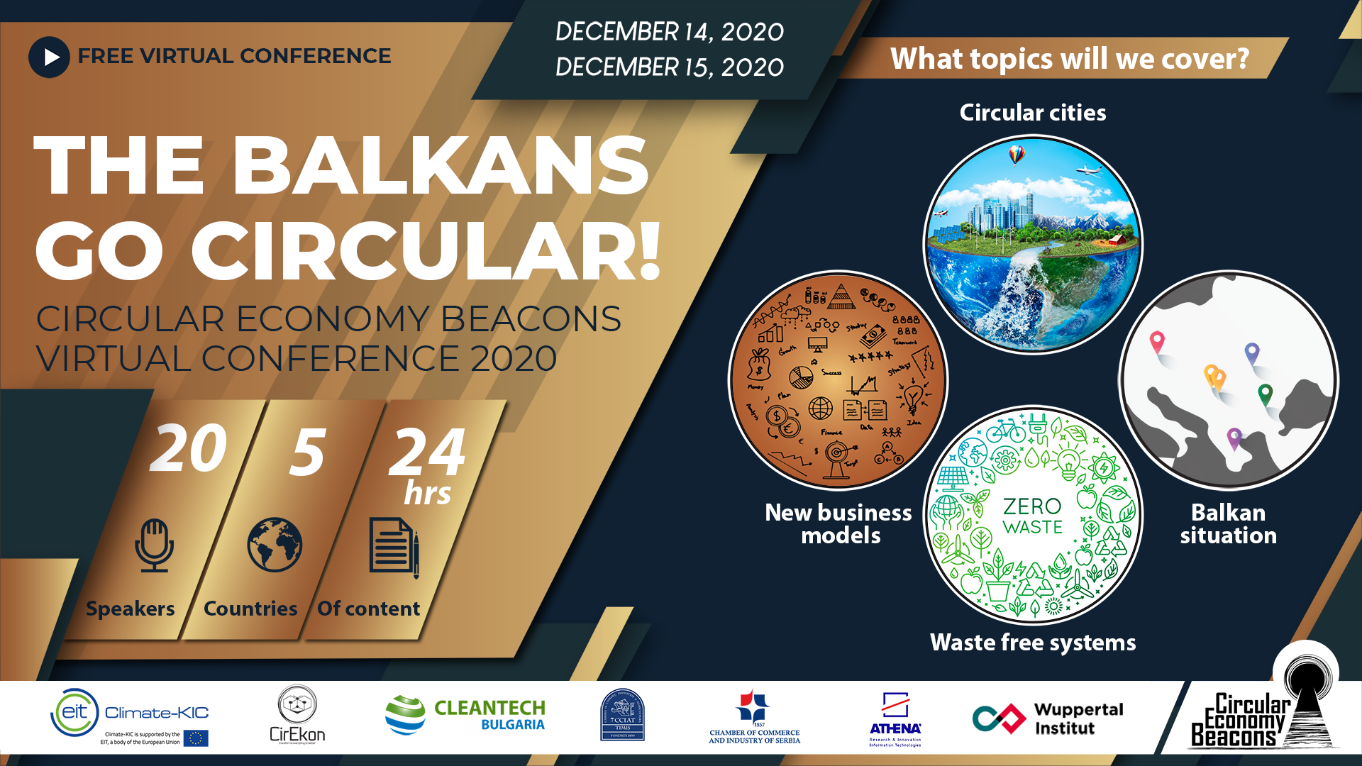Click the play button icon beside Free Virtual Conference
pos(49,57)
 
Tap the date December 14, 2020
pos(669,32)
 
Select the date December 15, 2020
pos(669,67)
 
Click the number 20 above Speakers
pos(188,448)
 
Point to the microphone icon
pos(154,545)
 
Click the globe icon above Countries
pos(275,545)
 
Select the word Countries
pos(250,609)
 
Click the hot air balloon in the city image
pos(1017,154)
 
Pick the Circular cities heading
pos(1032,113)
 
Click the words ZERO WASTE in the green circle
pos(1032,516)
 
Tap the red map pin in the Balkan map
pos(1157,342)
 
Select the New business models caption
pos(838,523)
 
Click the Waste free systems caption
pos(1032,643)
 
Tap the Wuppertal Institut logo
pos(1048,718)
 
